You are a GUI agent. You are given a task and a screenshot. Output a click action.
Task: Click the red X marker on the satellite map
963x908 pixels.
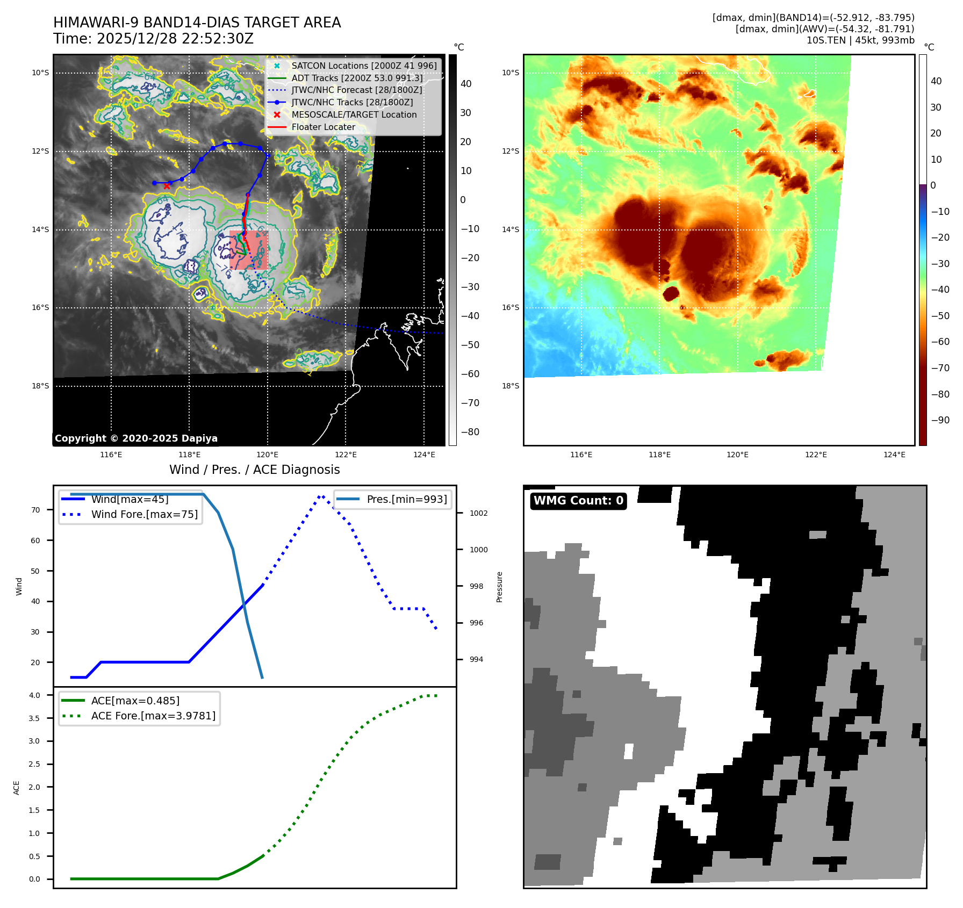coord(167,186)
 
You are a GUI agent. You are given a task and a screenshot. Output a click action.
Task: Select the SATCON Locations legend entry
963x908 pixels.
coord(364,66)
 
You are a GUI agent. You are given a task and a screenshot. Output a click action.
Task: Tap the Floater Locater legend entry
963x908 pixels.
coord(323,127)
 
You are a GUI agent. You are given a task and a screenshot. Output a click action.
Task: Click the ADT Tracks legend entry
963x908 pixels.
coord(357,78)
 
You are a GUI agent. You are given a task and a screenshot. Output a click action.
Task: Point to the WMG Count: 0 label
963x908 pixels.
coord(578,501)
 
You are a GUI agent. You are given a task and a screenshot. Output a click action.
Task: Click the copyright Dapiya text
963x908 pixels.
coord(136,438)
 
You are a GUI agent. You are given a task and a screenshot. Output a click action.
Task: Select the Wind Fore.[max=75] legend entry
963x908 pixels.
coord(144,514)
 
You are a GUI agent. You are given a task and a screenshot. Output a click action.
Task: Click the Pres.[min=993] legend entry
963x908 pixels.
coord(406,499)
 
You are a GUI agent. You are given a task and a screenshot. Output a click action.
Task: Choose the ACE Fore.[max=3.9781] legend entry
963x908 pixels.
coord(153,716)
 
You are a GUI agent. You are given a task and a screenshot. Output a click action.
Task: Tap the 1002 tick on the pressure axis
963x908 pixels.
coord(478,513)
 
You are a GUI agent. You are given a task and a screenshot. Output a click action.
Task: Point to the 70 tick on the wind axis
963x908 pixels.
coord(35,510)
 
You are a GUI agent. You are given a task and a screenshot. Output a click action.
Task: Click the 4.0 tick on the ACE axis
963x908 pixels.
coord(34,695)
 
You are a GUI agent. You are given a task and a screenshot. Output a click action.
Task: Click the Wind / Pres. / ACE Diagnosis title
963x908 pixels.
coord(254,470)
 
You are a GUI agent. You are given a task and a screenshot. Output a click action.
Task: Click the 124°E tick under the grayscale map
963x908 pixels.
coord(424,455)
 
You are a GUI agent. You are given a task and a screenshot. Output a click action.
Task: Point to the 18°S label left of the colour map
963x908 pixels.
coord(511,386)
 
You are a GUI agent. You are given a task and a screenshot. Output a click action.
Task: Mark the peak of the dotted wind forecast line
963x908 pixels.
coord(321,496)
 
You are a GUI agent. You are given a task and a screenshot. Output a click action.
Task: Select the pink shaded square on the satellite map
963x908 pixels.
coord(249,250)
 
